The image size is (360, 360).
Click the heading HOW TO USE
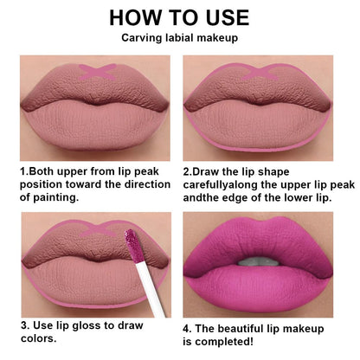coord(180,16)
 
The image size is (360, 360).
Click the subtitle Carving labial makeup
coord(180,38)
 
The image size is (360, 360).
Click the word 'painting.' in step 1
coord(46,196)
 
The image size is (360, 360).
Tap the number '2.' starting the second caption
coord(188,170)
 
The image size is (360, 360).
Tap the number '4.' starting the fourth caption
coord(188,329)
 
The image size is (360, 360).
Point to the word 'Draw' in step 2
coord(211,170)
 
